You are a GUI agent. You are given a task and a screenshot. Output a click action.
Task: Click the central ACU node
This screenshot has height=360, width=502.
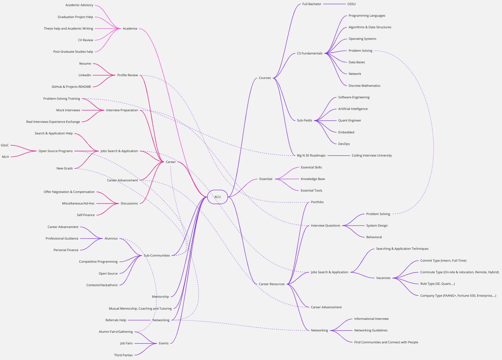[x=217, y=197]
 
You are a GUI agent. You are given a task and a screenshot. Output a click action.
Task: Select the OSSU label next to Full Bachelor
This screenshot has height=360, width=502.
[x=351, y=4]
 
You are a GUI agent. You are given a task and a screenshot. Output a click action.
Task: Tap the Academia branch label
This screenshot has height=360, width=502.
[x=130, y=29]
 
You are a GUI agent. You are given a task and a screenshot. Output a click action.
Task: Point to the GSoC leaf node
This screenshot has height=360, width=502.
[x=5, y=145]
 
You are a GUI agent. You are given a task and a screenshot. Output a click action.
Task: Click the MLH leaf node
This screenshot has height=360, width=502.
[x=5, y=157]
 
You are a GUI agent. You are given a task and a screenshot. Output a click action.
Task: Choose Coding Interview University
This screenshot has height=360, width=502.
[x=371, y=156]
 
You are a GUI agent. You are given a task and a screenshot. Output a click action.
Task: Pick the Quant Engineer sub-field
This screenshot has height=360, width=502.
[x=349, y=120]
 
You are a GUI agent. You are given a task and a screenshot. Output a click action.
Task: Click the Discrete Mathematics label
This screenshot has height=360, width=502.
[x=364, y=86]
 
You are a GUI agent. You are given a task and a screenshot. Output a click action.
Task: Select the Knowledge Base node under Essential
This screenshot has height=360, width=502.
[x=313, y=179]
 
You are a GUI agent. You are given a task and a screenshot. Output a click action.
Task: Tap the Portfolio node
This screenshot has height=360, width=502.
[x=317, y=202]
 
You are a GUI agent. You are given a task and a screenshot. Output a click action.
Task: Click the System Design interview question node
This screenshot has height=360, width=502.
[x=376, y=226]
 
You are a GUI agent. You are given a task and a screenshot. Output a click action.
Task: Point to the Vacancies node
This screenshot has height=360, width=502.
[x=383, y=278]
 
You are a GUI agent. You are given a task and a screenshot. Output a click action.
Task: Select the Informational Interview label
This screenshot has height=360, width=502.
[x=371, y=319]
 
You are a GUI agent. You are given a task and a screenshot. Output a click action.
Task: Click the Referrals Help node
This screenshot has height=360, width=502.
[x=116, y=320]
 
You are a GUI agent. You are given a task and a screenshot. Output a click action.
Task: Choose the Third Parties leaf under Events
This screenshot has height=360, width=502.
[x=123, y=355]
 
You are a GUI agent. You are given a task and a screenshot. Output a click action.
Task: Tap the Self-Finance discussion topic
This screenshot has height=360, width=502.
[x=86, y=215]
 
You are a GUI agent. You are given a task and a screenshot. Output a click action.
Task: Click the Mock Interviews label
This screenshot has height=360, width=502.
[x=68, y=110]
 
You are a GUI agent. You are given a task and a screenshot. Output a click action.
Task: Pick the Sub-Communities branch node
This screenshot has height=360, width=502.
[x=156, y=256]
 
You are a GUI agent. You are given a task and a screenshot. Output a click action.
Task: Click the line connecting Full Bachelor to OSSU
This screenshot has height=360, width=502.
[x=334, y=4]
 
